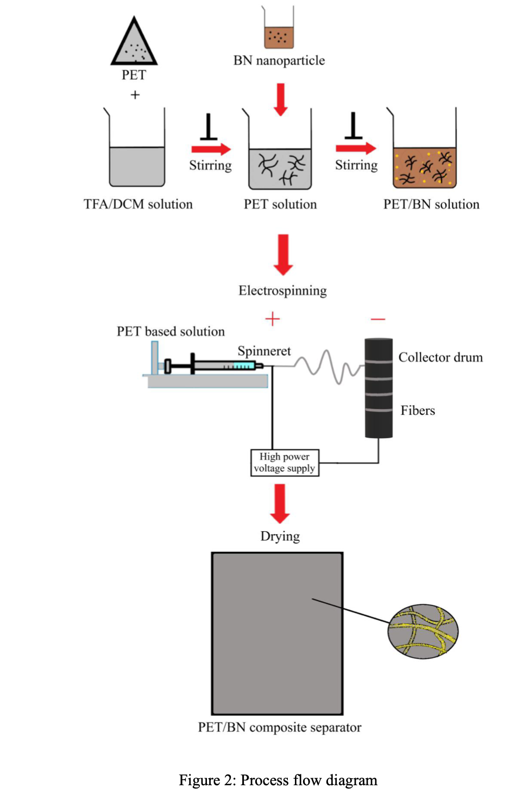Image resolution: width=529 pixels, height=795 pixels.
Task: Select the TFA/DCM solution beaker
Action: [137, 157]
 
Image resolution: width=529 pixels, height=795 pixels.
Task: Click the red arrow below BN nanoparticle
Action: [280, 99]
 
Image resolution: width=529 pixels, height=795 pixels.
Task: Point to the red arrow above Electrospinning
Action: [283, 254]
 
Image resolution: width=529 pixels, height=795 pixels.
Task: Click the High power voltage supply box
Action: [285, 463]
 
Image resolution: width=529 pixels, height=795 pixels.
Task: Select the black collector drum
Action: [379, 388]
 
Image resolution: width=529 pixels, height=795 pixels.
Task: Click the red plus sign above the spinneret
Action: [272, 319]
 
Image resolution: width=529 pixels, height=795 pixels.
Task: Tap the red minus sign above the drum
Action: [378, 319]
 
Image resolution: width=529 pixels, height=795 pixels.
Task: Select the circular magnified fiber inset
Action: [423, 632]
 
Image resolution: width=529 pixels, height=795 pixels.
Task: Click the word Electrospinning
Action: [282, 291]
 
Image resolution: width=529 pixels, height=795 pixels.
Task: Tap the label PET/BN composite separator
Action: [279, 727]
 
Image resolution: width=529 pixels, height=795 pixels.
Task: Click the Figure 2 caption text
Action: [278, 780]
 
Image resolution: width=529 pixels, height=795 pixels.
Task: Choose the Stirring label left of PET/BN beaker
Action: [356, 165]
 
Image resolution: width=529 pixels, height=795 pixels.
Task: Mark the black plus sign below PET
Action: [135, 95]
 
